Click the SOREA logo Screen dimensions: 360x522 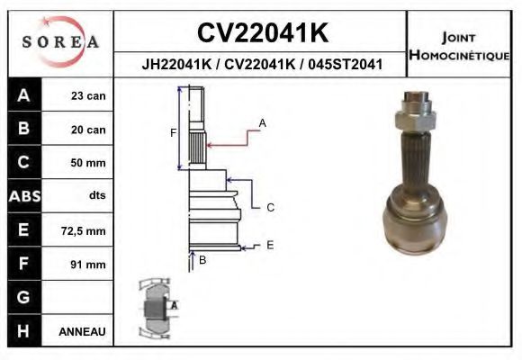(x=61, y=42)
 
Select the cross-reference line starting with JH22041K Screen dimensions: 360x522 (x=262, y=65)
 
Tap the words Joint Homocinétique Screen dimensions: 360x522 (x=459, y=46)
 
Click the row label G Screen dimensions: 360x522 (x=23, y=297)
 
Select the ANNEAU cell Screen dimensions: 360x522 (x=83, y=331)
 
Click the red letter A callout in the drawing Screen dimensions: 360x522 (x=262, y=121)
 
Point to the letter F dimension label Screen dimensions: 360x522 (x=174, y=133)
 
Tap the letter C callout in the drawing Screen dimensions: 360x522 (x=269, y=208)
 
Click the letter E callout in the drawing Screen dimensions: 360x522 (x=269, y=245)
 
